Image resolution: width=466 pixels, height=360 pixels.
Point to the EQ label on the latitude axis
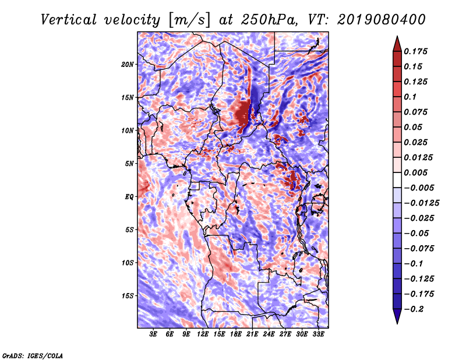[129, 196]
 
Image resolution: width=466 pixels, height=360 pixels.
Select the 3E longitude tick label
[154, 335]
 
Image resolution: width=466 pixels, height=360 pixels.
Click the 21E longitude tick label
[253, 335]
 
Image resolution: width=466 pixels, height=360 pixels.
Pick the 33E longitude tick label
[318, 335]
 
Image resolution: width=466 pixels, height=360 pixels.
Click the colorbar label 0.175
[416, 51]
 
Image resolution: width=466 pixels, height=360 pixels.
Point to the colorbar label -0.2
[415, 309]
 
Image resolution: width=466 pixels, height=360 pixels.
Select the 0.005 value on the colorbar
[416, 172]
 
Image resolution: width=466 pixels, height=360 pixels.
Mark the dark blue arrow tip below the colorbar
[397, 318]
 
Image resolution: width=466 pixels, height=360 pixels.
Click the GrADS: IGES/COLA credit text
[32, 355]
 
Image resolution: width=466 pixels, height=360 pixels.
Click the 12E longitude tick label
[203, 335]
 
